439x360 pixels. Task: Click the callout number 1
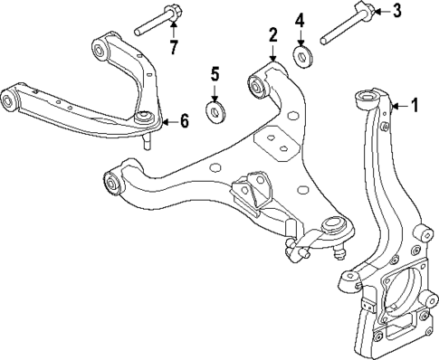415,105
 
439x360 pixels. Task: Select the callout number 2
272,34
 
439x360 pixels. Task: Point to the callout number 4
300,19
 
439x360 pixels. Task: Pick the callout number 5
215,71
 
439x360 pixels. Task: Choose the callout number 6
184,120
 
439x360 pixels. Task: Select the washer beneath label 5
216,111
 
